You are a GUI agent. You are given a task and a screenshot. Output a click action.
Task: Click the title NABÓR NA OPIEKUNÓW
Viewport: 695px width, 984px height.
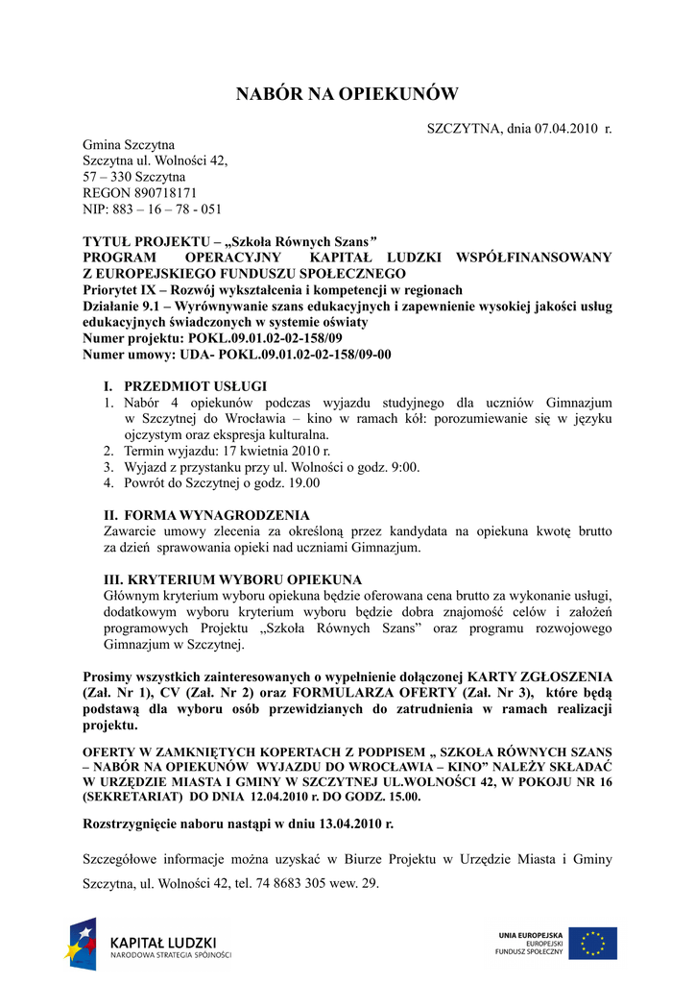pyautogui.click(x=347, y=94)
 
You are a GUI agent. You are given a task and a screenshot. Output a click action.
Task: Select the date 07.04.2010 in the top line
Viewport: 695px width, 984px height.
pyautogui.click(x=566, y=129)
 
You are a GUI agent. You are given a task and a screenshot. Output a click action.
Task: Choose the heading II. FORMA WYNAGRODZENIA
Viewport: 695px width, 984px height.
pyautogui.click(x=205, y=515)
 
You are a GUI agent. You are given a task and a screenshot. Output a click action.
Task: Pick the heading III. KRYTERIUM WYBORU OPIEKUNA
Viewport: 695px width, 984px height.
pyautogui.click(x=232, y=579)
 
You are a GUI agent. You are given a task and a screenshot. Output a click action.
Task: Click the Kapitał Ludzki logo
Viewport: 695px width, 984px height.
pyautogui.click(x=149, y=947)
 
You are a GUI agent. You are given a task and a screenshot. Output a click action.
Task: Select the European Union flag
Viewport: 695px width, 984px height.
pyautogui.click(x=592, y=944)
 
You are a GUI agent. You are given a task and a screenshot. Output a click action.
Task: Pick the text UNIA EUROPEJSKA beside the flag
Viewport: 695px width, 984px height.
pyautogui.click(x=531, y=935)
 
